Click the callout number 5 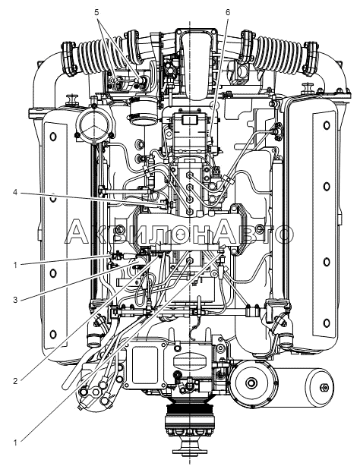click(96, 12)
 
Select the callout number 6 click(228, 12)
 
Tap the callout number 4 click(15, 193)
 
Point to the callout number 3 click(15, 300)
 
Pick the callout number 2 click(15, 381)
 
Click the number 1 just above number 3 click(15, 265)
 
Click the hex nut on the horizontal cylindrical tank click(323, 388)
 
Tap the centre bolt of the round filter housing click(251, 383)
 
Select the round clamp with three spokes click(95, 124)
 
